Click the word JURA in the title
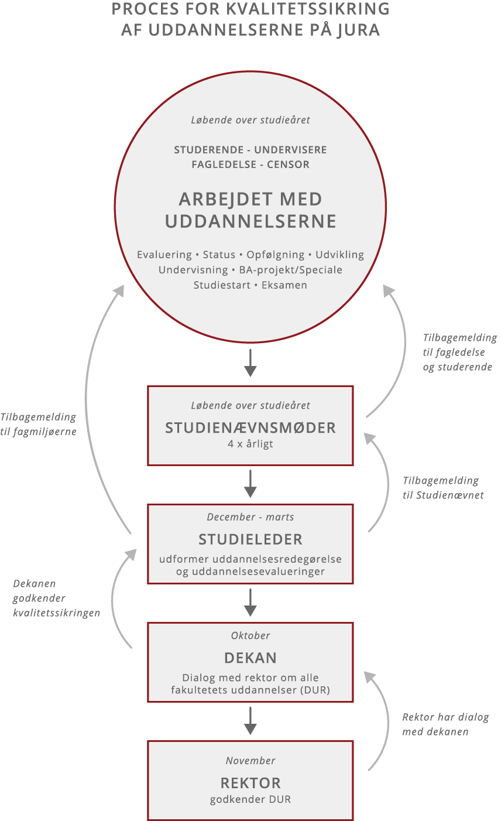coord(359,30)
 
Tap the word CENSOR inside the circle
coord(288,165)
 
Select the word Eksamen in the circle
coord(285,285)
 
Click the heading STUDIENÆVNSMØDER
coord(250,428)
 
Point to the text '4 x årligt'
coord(250,444)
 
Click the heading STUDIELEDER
coord(250,539)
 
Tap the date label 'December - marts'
coord(250,517)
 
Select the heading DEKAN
coord(250,658)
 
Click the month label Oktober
coord(250,635)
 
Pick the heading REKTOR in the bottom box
coord(250,783)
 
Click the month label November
coord(250,761)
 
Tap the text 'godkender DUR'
coord(250,799)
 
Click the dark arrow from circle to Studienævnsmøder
coord(250,363)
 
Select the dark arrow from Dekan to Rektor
coord(250,721)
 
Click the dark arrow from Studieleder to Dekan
coord(250,603)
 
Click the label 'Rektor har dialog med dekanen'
coord(445,724)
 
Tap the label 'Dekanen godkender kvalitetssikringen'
coord(56,598)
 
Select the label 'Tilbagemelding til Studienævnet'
coord(443,488)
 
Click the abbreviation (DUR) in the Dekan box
coord(315,690)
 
